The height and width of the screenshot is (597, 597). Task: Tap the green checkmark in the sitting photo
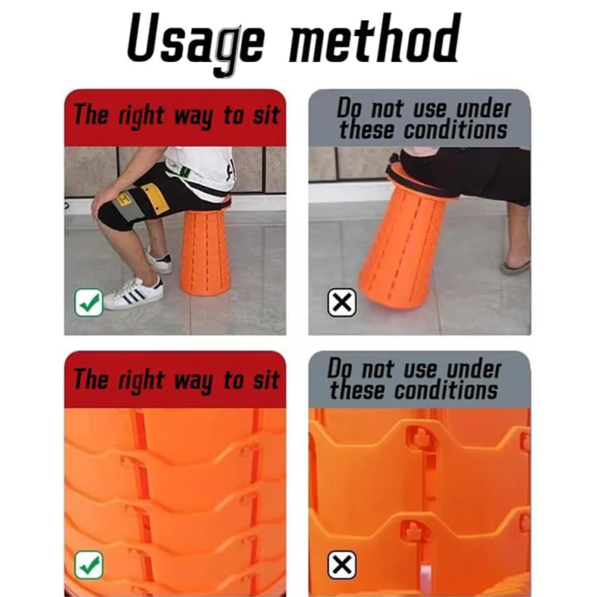click(x=89, y=303)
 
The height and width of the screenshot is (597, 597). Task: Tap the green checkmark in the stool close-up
click(x=89, y=565)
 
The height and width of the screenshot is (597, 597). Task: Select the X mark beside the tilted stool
click(x=342, y=303)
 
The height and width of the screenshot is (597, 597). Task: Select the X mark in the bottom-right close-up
click(x=342, y=565)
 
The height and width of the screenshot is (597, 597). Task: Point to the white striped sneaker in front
click(x=134, y=293)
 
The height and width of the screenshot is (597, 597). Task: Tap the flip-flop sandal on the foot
click(x=516, y=266)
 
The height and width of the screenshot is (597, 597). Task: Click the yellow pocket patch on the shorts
click(x=155, y=199)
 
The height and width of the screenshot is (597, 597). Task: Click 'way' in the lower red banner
click(x=193, y=381)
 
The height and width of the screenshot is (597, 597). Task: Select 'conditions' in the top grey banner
click(x=455, y=130)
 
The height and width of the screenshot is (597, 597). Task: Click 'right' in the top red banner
click(x=140, y=116)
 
